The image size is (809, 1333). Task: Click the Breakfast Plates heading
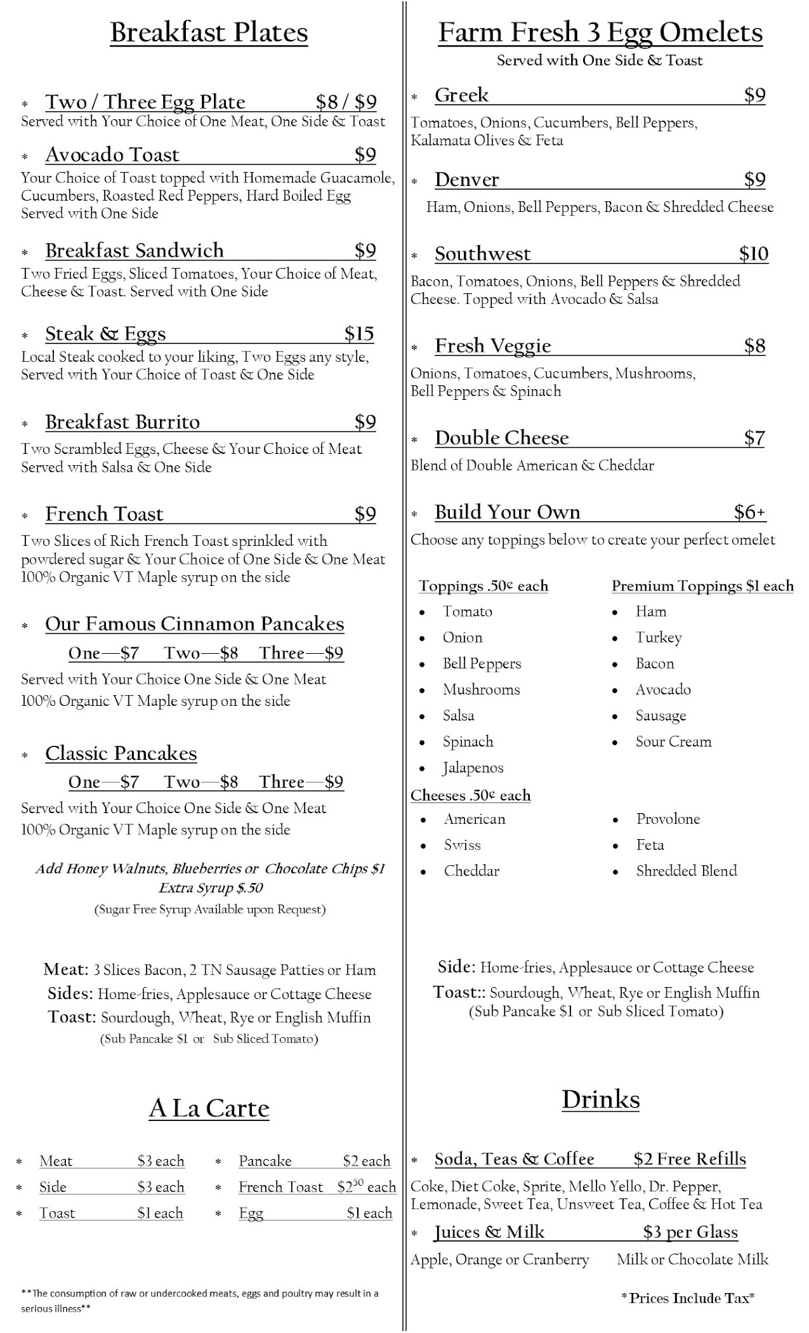(209, 33)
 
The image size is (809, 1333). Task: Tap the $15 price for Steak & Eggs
(359, 333)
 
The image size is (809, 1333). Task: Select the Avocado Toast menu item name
(112, 155)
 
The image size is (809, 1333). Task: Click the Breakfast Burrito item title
(122, 422)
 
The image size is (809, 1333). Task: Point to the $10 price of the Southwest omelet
(753, 253)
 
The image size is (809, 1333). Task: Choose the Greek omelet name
(461, 95)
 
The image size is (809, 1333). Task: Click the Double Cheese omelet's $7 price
(754, 438)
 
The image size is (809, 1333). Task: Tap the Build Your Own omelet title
(507, 512)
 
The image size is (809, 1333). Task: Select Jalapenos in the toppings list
(473, 768)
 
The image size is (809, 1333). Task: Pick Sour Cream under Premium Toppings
(673, 742)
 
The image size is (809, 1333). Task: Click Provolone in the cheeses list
(668, 819)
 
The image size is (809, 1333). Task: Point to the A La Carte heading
(209, 1108)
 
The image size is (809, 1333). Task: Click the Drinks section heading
(600, 1099)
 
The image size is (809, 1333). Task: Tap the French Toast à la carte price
(367, 1187)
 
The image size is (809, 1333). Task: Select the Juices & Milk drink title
(489, 1232)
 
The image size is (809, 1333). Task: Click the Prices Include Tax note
(687, 1298)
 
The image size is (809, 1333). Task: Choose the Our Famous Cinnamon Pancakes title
(195, 624)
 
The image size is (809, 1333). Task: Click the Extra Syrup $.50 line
(211, 888)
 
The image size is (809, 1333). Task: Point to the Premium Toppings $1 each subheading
(702, 586)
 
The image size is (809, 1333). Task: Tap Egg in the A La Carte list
(251, 1214)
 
